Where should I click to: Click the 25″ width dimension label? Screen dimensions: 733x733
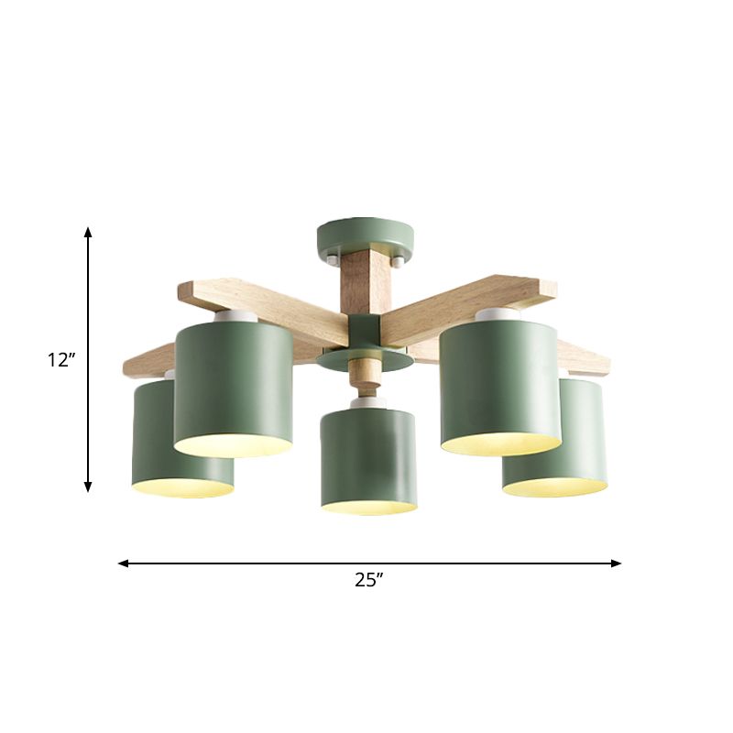coord(368,579)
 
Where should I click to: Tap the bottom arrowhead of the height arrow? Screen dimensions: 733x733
coord(89,487)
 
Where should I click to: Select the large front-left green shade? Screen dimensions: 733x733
coord(233,385)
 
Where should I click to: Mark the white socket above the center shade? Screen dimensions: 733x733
coord(368,403)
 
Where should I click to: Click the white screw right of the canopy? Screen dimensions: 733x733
coord(396,262)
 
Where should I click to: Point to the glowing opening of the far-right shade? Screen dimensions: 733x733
coord(554,487)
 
